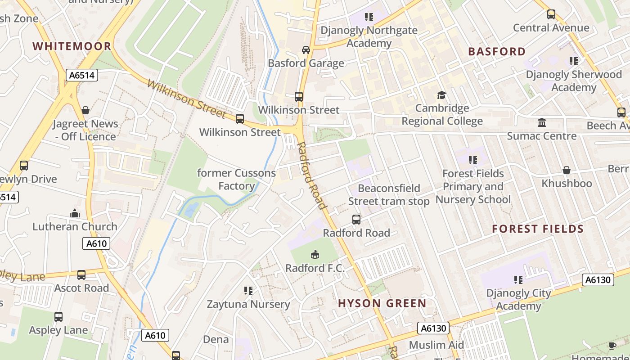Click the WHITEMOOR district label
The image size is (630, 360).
coord(72,46)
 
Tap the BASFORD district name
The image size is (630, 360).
coord(497,52)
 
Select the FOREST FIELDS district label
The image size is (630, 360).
coord(538,229)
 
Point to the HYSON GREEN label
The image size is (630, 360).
coord(382,303)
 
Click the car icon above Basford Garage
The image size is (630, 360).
coord(306,49)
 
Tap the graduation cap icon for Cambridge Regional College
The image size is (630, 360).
coord(441,95)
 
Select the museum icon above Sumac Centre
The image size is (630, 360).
coord(542,122)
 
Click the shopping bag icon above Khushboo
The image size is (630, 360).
coord(567,170)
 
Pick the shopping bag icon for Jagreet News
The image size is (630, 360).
coord(85,110)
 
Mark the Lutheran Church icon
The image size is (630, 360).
coord(75,213)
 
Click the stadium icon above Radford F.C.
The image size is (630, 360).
coord(315,255)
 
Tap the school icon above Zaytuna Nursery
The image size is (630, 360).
coord(248,291)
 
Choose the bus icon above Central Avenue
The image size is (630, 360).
coord(551,14)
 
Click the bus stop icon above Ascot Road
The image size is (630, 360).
coord(81,274)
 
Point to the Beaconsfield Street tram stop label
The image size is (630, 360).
coord(389,195)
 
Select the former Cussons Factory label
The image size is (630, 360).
coord(236,180)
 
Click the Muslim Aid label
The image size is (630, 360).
coord(436,345)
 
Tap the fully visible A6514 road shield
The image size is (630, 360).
coord(82,75)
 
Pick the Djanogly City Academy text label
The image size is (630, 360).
coord(518,300)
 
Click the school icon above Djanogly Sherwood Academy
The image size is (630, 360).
coord(573,61)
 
